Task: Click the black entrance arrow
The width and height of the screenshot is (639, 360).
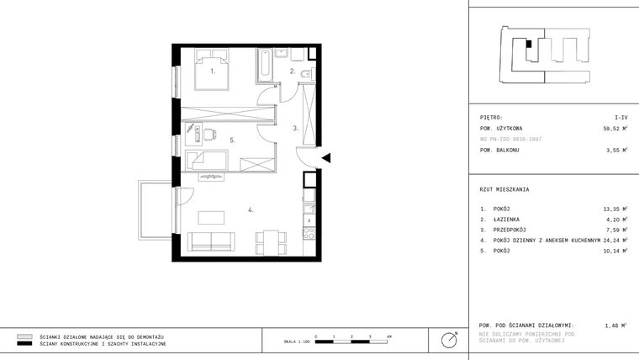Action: pyautogui.click(x=327, y=157)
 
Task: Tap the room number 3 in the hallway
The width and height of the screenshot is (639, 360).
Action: pyautogui.click(x=294, y=129)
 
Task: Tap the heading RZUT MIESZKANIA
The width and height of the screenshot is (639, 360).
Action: pyautogui.click(x=504, y=189)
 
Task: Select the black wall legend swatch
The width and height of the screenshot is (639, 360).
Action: pyautogui.click(x=24, y=344)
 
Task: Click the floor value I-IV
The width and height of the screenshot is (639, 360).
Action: pyautogui.click(x=621, y=118)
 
